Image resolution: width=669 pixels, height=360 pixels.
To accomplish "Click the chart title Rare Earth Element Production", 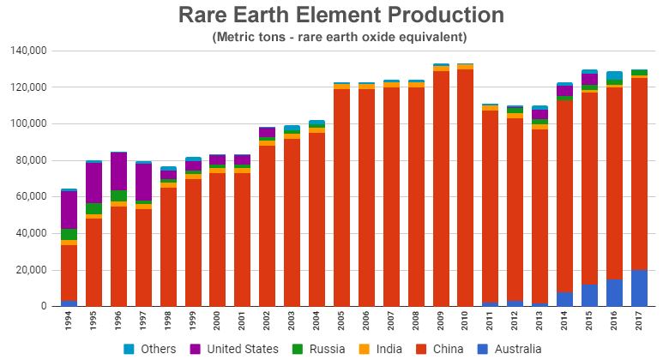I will click(341, 15).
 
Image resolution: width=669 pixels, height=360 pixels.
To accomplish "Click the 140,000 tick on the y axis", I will click(28, 51).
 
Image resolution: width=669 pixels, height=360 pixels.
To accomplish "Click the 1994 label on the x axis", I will click(69, 322).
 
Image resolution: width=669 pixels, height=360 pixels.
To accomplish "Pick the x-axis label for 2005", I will click(342, 322).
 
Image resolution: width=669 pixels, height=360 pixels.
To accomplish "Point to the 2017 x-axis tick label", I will click(640, 322).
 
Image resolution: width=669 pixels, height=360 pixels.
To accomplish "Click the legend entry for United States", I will click(236, 349).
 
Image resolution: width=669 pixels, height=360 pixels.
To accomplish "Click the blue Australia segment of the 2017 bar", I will click(640, 288).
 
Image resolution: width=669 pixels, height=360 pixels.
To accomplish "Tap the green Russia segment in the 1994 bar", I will click(69, 234).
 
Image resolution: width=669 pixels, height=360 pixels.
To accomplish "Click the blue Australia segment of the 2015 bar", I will click(590, 295).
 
